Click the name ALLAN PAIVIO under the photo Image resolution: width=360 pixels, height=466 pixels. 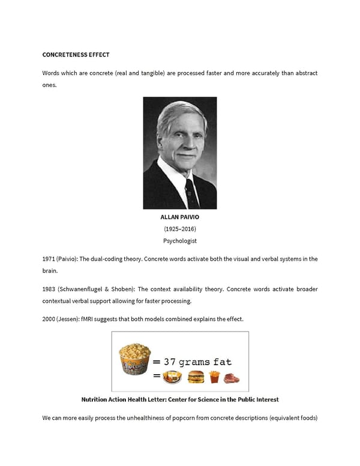point(179,217)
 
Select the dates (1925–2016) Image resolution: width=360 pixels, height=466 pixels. point(179,229)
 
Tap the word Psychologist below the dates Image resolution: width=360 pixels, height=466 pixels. point(179,241)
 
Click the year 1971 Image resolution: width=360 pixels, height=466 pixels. point(49,259)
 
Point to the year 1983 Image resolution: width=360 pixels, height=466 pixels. point(49,289)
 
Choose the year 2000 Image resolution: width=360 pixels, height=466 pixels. point(49,319)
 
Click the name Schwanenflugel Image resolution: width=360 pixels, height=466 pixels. point(83,289)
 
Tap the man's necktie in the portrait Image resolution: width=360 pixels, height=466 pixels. point(191,192)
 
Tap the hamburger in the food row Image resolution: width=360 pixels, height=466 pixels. point(195,377)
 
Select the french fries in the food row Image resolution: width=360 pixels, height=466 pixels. point(214,377)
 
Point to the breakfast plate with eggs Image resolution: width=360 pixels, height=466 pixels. point(173,377)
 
